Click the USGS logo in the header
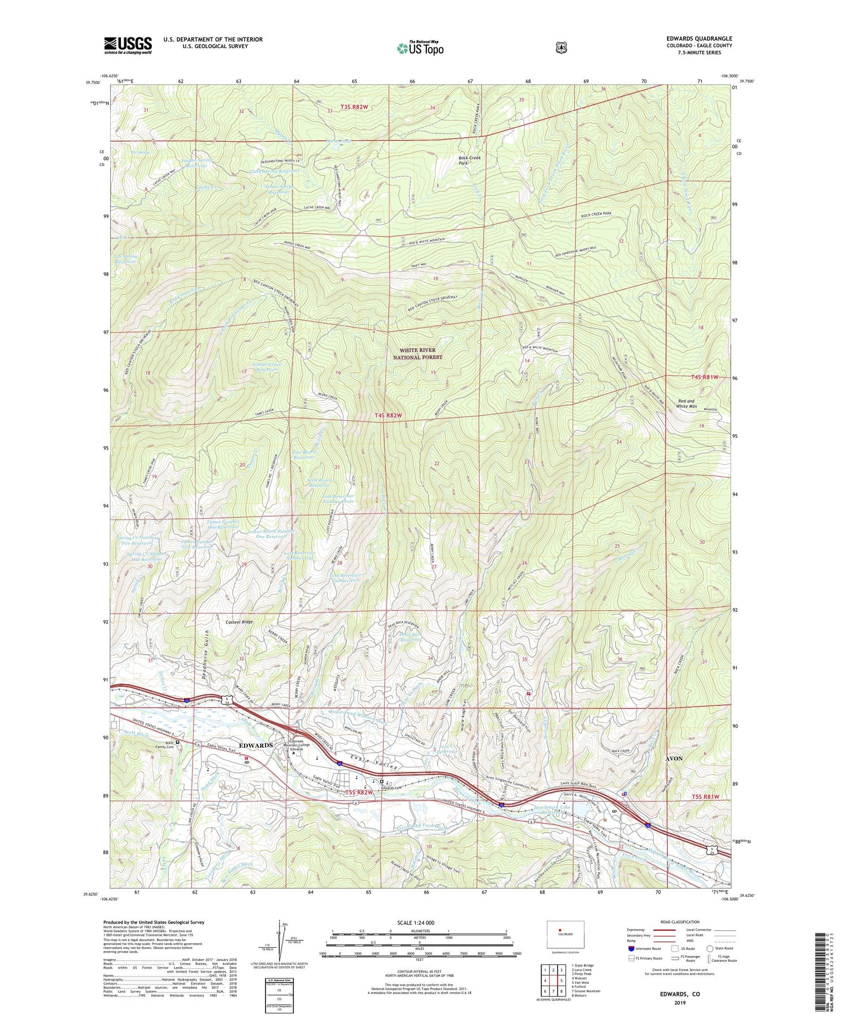click(x=128, y=45)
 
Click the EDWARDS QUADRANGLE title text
click(x=699, y=38)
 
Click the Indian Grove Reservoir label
click(x=268, y=367)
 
